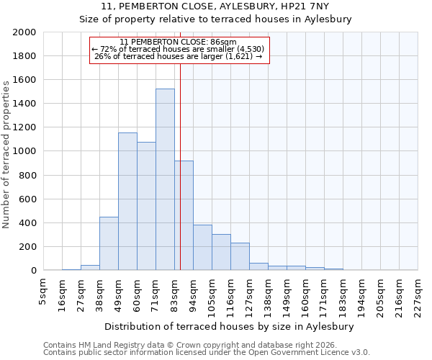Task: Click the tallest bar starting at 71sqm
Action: [x=165, y=179]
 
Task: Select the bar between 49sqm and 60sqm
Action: [x=127, y=202]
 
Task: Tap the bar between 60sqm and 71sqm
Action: [x=146, y=206]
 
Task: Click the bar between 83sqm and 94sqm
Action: [x=184, y=215]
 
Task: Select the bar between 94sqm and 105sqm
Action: [x=202, y=248]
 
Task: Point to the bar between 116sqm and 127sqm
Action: [x=240, y=256]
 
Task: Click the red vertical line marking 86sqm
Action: [x=180, y=144]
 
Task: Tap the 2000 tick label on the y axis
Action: [x=24, y=32]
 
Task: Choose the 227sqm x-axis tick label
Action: [x=418, y=294]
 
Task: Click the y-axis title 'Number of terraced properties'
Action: [x=6, y=154]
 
